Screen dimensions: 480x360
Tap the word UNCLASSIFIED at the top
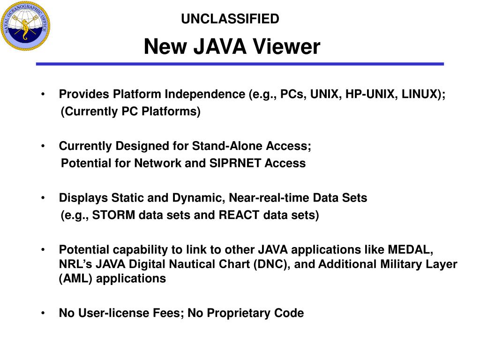click(230, 19)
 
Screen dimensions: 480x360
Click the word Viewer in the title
click(289, 47)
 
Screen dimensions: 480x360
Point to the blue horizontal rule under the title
click(240, 64)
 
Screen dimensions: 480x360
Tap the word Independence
click(204, 94)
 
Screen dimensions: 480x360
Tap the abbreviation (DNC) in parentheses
click(271, 264)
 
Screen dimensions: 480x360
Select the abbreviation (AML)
click(74, 279)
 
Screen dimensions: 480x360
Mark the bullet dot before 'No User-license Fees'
click(43, 313)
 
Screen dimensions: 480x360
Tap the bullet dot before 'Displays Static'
click(43, 198)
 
